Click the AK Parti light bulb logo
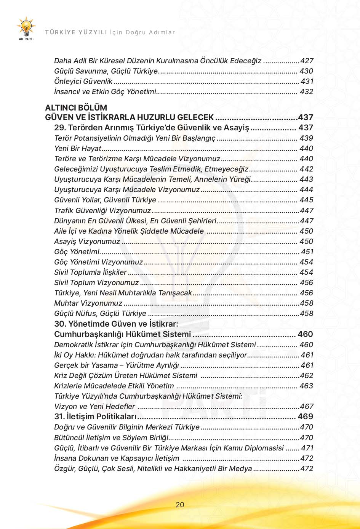(26, 28)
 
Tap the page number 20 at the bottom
(180, 505)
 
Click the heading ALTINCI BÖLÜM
(76, 107)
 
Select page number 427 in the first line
(307, 61)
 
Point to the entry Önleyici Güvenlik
(83, 81)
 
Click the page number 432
(306, 91)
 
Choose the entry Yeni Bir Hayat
(78, 148)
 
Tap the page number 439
(306, 138)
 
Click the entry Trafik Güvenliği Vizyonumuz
(102, 210)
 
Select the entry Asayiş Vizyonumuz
(87, 241)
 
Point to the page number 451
(307, 252)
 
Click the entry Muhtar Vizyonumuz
(88, 303)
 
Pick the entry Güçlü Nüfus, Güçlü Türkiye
(100, 313)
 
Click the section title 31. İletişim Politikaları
(95, 417)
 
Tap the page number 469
(305, 417)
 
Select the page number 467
(307, 406)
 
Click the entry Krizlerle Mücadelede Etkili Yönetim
(114, 386)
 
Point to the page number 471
(307, 448)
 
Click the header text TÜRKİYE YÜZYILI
(76, 32)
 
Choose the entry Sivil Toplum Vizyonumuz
(96, 282)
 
